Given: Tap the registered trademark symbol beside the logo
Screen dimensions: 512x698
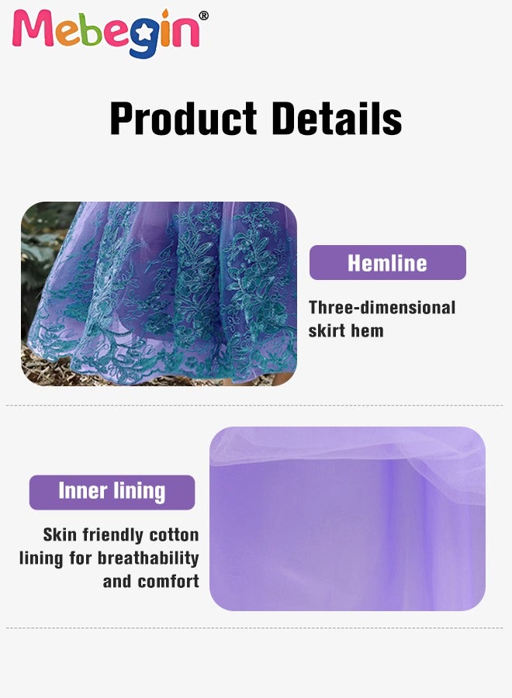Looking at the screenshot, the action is coord(203,16).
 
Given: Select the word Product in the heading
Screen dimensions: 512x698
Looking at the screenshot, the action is coord(183,118).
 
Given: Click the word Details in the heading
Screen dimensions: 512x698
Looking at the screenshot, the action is coord(337,118).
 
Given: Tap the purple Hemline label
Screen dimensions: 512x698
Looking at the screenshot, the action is coord(388,263).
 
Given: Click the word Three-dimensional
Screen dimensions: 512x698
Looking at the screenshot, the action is coord(382,308).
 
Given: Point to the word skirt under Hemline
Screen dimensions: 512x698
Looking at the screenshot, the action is coord(326,330).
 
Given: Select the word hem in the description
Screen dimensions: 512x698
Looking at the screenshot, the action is coord(367,330).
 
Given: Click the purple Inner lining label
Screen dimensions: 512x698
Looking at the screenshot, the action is coord(112,492).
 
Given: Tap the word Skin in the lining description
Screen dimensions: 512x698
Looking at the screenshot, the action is coord(60,534).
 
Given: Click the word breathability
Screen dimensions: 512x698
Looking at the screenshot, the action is coord(148,558).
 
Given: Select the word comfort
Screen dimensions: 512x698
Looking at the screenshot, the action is coord(168,582).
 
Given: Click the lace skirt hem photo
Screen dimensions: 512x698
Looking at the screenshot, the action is coord(159,293).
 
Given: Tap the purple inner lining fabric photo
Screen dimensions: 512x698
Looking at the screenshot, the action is coord(348,519).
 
